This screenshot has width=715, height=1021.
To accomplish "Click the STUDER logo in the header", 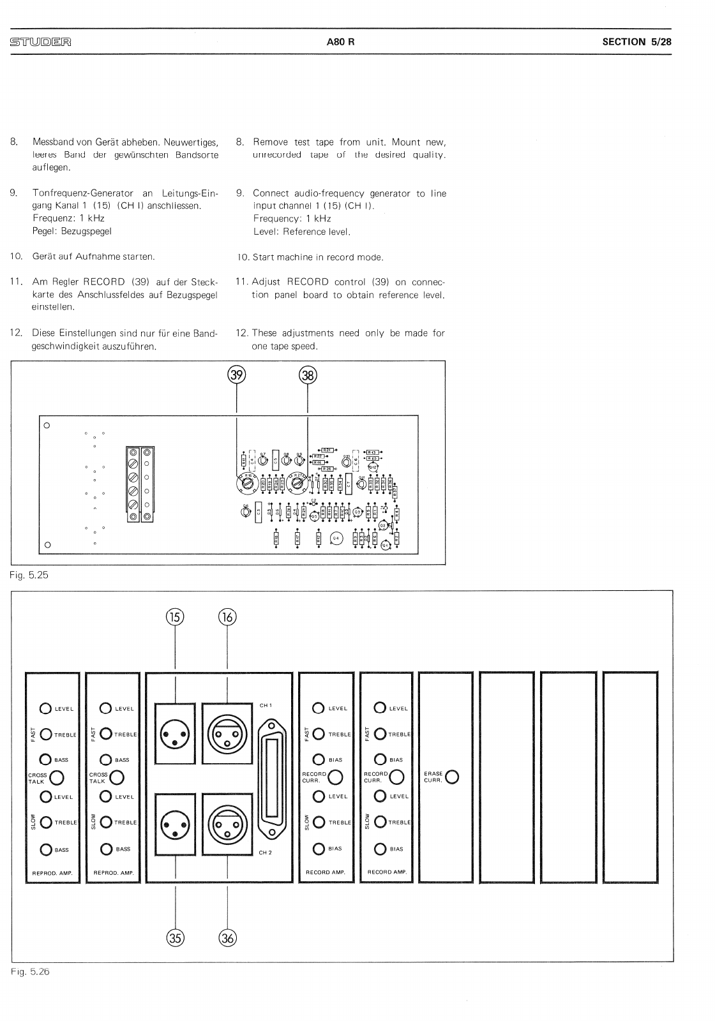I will (40, 43).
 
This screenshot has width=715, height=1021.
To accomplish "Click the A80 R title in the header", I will (340, 42).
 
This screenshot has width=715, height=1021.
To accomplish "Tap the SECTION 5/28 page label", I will (636, 42).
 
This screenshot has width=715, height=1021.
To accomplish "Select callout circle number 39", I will (237, 375).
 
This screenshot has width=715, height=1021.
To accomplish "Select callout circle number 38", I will (308, 375).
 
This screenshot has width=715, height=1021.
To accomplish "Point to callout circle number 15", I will (175, 616).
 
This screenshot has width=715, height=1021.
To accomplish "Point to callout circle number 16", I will (227, 616).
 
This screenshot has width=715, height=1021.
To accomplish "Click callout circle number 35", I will (175, 937).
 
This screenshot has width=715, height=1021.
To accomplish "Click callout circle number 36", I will (227, 937).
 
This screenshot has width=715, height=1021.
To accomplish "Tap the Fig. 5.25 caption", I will (29, 575).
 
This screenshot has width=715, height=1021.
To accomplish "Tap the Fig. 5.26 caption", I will (29, 971).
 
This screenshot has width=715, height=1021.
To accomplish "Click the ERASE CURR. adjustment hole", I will (453, 777).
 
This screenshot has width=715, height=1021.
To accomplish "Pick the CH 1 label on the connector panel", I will (266, 705).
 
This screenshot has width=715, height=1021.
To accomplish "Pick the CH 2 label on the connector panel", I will (266, 852).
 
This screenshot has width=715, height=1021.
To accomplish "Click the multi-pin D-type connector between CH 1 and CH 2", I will (273, 779).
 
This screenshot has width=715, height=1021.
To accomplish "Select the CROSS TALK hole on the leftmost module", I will (56, 777).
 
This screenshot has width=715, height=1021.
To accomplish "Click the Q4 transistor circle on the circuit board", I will (336, 539).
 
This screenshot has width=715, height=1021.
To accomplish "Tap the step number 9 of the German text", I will (13, 193).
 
